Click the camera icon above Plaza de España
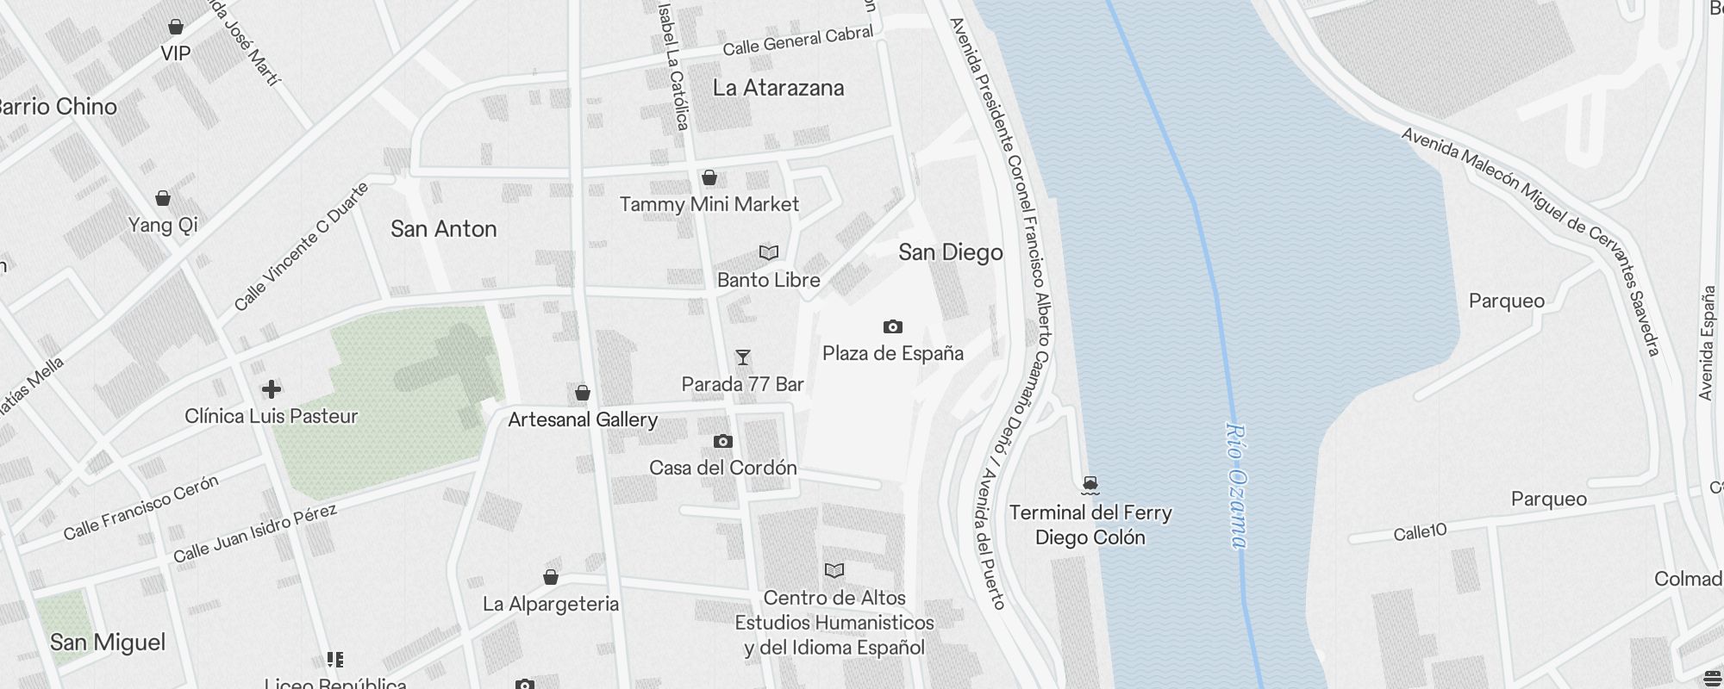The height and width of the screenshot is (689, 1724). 893,326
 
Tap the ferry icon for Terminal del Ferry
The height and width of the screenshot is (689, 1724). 1090,485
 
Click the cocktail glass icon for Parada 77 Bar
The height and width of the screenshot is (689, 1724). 742,357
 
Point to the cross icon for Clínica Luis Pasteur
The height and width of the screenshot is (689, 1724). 272,389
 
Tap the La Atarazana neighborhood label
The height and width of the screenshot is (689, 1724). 778,88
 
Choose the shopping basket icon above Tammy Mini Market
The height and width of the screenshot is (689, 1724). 709,177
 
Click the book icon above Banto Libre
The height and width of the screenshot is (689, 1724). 768,253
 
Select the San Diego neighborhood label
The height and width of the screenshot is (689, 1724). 951,252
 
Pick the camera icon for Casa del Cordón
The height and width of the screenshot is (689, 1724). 723,442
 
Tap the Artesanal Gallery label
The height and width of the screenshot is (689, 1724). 583,419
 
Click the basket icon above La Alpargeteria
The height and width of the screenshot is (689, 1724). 551,577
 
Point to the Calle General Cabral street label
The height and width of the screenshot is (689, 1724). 798,40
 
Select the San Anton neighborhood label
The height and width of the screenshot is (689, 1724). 444,229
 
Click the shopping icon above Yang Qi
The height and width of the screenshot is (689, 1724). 163,198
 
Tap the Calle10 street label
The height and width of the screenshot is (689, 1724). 1420,532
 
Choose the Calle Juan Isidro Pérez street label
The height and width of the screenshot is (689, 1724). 254,534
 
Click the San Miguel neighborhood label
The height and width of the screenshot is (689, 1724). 108,642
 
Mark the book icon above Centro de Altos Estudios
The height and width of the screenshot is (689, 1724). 834,570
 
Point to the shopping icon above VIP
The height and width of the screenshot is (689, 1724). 176,27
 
